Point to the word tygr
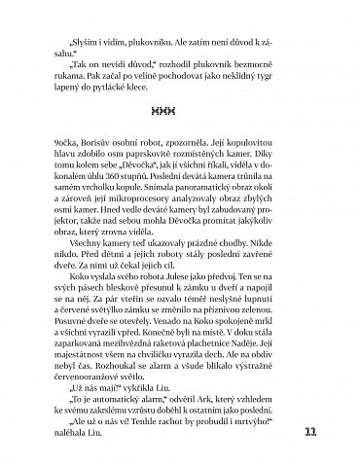293,84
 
